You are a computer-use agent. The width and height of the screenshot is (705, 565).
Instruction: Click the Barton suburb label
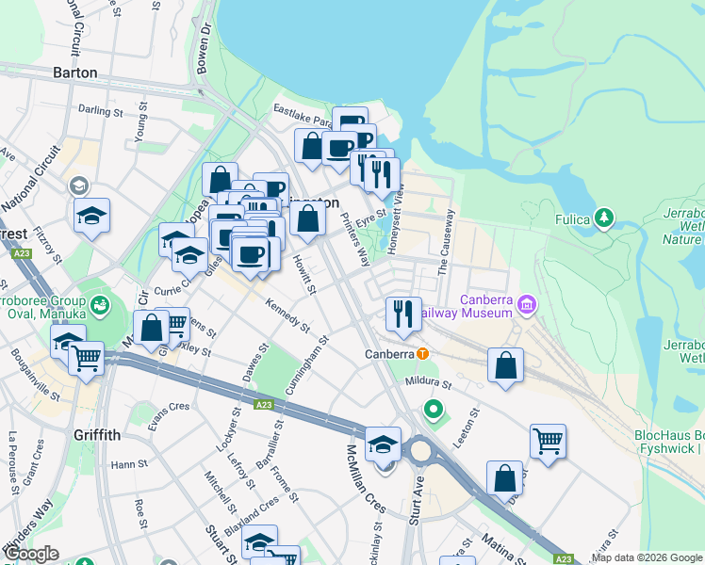75,73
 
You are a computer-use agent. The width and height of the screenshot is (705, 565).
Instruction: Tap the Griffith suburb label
96,435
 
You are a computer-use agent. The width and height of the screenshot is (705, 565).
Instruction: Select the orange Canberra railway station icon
423,354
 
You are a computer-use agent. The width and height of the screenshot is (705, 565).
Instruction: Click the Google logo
31,554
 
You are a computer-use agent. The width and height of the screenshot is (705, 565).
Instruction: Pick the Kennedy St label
287,316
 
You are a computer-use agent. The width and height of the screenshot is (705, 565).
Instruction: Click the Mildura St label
429,384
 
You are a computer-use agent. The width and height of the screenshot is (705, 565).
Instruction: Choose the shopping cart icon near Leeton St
548,440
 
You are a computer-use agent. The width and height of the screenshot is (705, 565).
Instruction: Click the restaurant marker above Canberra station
403,313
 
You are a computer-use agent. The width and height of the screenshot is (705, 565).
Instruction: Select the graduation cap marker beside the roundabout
383,444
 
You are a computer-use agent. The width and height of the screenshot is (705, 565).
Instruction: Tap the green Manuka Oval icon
100,306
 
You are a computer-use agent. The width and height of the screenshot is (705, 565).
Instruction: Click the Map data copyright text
647,557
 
